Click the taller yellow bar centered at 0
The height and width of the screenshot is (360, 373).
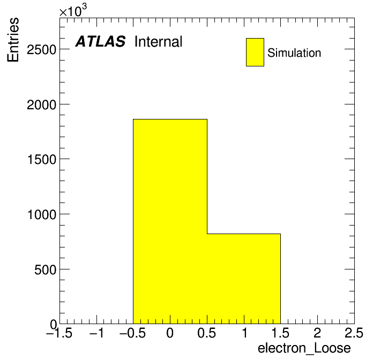[170, 221]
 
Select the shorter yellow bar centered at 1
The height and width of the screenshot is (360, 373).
[244, 279]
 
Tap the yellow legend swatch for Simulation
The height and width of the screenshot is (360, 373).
[255, 52]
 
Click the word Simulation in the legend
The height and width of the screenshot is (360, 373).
[294, 52]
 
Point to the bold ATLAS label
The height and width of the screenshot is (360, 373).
[100, 41]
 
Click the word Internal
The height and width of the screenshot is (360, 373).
[158, 42]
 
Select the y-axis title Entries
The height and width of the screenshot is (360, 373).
[13, 40]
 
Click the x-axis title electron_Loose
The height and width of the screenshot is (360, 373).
[304, 348]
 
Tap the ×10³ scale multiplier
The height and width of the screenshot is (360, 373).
[73, 11]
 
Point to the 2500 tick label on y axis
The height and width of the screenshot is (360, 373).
[41, 50]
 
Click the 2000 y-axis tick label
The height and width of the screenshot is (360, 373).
[41, 104]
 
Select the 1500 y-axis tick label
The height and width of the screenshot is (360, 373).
[42, 159]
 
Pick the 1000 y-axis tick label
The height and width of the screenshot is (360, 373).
[42, 214]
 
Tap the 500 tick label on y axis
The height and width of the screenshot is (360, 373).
[45, 269]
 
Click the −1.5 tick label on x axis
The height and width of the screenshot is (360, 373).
[59, 333]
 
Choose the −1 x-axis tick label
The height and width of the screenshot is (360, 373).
[96, 333]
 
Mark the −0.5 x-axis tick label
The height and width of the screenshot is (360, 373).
[132, 333]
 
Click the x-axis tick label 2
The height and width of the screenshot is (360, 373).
[317, 333]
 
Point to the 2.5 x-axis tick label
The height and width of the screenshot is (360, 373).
[354, 333]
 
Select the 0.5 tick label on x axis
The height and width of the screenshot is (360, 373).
[207, 333]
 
